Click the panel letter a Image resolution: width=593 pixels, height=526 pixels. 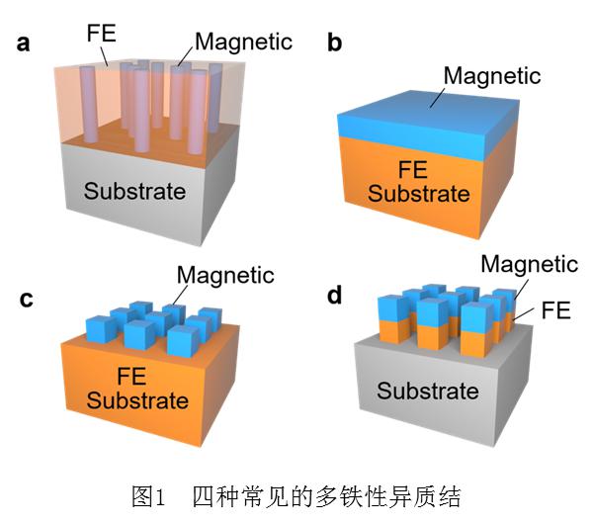point(23,43)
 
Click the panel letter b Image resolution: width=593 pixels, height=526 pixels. point(334,43)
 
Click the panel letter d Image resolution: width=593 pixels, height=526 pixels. point(334,295)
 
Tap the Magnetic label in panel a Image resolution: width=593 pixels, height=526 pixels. point(243,43)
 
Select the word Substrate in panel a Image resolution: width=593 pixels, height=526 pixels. point(134,191)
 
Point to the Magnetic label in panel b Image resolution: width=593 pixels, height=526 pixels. point(492,74)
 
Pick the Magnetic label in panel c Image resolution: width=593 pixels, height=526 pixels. point(224,274)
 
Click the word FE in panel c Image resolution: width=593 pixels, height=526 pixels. point(137,376)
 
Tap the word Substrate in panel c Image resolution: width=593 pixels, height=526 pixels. point(137,399)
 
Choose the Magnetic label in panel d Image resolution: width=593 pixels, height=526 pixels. point(529,263)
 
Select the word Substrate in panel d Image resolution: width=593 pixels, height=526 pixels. point(428,391)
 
